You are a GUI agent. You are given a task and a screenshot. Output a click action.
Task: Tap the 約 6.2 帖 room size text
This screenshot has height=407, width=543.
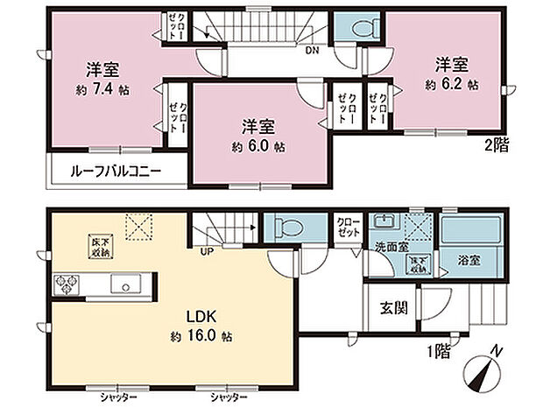451,85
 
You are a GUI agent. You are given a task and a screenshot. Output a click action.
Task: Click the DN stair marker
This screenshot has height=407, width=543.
312,50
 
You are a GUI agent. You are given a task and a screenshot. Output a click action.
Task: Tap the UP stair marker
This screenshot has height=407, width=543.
208,253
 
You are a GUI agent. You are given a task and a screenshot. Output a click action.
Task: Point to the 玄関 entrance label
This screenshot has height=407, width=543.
391,308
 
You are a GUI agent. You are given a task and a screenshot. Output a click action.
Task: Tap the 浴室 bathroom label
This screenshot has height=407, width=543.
469,260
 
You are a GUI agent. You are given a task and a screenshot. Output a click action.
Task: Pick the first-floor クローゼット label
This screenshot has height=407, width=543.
347,228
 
